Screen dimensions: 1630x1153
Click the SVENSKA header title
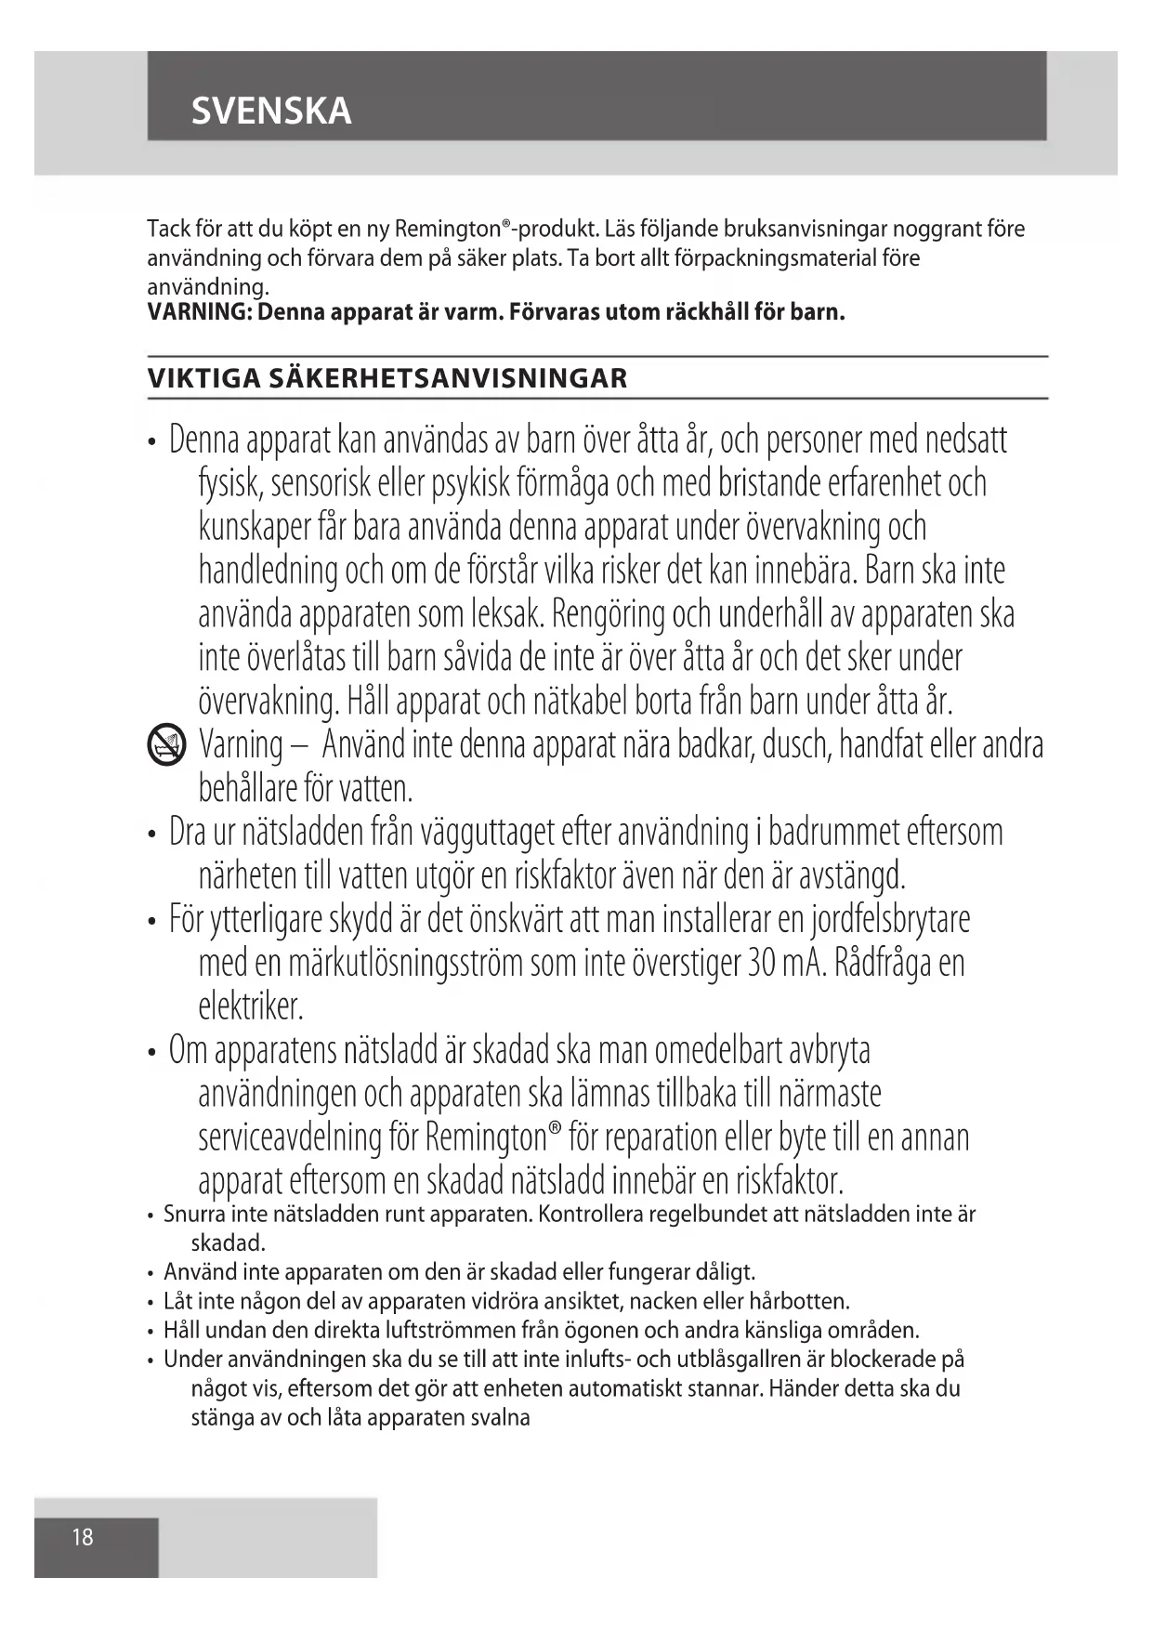pos(271,112)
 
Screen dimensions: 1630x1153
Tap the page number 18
pos(83,1537)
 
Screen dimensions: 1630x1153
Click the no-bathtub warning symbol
pos(166,746)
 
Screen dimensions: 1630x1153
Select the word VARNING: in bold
pos(200,312)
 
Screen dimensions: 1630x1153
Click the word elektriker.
pos(251,1006)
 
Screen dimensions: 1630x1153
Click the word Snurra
pos(194,1214)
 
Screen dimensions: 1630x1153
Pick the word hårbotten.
pos(799,1301)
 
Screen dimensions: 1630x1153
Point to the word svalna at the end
pos(502,1418)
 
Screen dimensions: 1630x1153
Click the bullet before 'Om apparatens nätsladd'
pos(151,1054)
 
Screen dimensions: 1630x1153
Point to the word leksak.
pos(507,614)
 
